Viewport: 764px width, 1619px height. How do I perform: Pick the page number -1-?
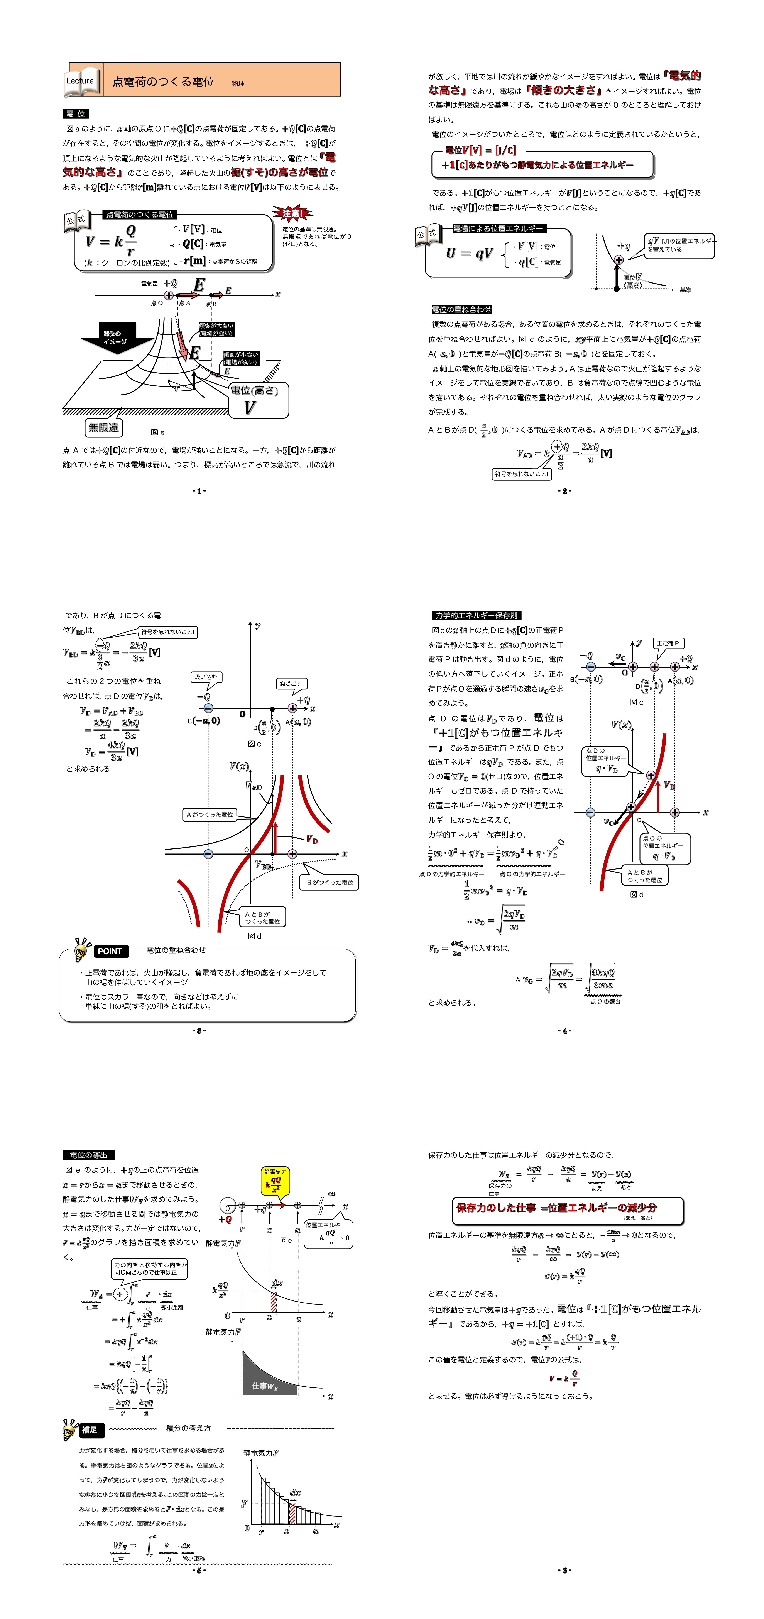[199, 491]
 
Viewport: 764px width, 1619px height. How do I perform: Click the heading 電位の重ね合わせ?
[461, 309]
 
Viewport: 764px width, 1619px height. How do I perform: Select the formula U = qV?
[469, 253]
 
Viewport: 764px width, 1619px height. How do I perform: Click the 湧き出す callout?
[291, 683]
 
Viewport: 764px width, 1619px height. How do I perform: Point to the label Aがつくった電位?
[209, 815]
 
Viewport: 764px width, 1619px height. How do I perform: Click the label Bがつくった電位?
[330, 882]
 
